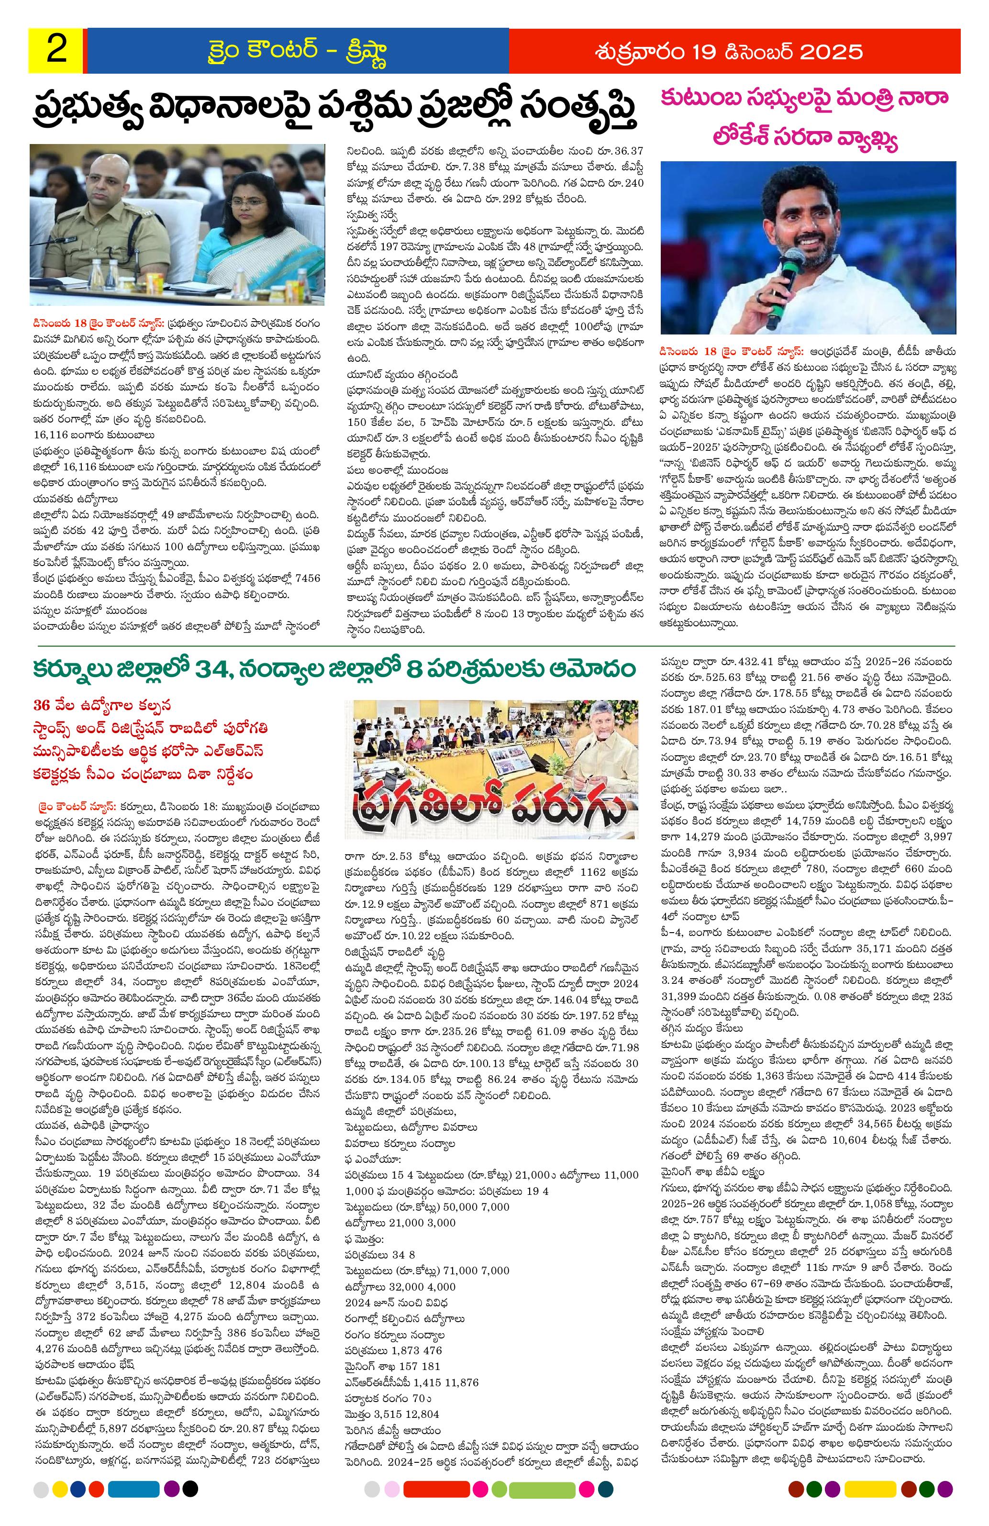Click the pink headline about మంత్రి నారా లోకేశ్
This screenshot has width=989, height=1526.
coord(808,119)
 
